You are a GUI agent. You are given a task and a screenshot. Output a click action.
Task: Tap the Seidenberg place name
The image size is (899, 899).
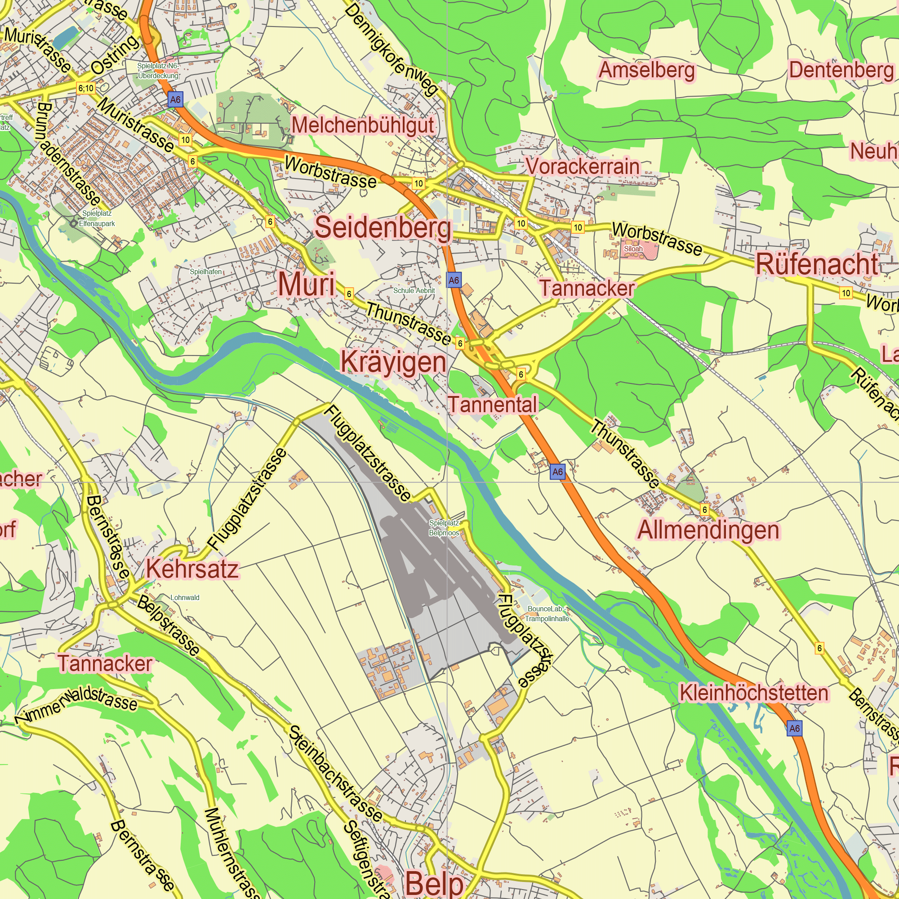[x=383, y=227]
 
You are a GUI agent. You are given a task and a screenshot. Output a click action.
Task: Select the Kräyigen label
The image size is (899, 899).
[x=393, y=362]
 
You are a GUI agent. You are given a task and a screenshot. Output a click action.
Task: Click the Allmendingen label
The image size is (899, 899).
[x=708, y=530]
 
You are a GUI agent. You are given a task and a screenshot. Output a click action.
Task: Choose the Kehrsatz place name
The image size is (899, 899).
[x=192, y=569]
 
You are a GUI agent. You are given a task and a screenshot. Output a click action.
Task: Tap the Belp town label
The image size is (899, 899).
[x=434, y=883]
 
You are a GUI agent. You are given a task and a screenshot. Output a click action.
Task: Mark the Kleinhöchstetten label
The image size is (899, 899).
[x=753, y=693]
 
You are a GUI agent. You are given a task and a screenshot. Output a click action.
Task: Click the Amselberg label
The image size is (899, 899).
[x=646, y=70]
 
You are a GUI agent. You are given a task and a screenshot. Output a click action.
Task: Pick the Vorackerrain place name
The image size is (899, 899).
[x=582, y=166]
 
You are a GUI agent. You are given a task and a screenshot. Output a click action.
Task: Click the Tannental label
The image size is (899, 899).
[x=493, y=404]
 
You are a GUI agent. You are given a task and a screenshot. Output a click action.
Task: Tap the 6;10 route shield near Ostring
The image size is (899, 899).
[x=85, y=88]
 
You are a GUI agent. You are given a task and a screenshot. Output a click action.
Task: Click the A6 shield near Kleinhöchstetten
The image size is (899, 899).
[x=794, y=728]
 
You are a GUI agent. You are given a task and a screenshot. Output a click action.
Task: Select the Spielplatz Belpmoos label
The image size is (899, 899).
[x=444, y=528]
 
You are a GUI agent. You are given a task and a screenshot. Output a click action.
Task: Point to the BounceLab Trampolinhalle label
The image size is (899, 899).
[x=547, y=614]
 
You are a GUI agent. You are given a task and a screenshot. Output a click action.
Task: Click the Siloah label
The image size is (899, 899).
[x=633, y=249]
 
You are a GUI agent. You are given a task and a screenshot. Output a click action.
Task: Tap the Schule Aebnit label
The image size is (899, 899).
[x=414, y=290]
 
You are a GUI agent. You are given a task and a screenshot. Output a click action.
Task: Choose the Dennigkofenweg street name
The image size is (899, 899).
[x=391, y=49]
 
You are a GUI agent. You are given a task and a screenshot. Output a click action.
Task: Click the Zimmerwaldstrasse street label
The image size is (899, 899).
[x=77, y=702]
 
